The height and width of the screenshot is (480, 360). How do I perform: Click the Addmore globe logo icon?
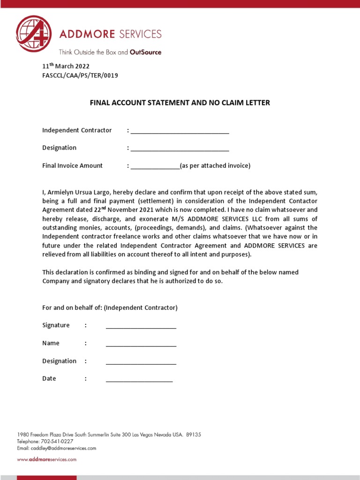pyautogui.click(x=33, y=33)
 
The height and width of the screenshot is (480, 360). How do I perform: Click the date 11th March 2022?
pyautogui.click(x=66, y=66)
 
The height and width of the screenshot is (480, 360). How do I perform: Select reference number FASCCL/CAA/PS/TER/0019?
pyautogui.click(x=80, y=75)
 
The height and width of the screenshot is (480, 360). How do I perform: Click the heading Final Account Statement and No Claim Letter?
pyautogui.click(x=180, y=103)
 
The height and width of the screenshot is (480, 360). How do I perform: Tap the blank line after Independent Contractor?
pyautogui.click(x=180, y=131)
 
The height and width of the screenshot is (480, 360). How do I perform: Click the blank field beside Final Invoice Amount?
pyautogui.click(x=155, y=166)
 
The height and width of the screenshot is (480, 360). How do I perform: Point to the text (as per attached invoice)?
pyautogui.click(x=215, y=165)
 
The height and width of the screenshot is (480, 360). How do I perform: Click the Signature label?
pyautogui.click(x=56, y=325)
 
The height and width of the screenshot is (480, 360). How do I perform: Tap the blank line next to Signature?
pyautogui.click(x=141, y=326)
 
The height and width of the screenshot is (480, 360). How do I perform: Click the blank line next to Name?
pyautogui.click(x=141, y=344)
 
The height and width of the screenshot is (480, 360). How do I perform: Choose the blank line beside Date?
pyautogui.click(x=139, y=380)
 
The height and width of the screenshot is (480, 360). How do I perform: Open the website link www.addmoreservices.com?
pyautogui.click(x=47, y=460)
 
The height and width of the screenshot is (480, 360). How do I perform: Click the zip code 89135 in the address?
pyautogui.click(x=194, y=435)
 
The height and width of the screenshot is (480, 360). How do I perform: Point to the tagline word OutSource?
pyautogui.click(x=145, y=52)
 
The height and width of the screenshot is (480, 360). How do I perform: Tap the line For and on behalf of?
pyautogui.click(x=110, y=308)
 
